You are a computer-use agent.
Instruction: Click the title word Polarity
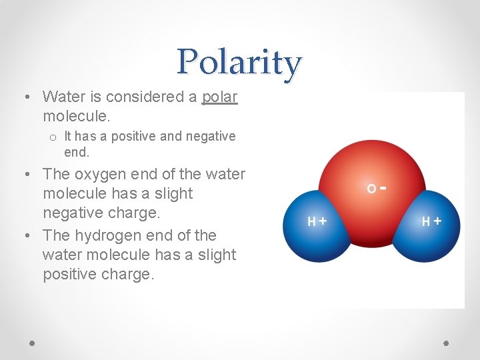tap(239, 63)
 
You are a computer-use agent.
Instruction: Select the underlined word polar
tap(219, 97)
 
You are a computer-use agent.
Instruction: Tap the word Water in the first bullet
tap(62, 97)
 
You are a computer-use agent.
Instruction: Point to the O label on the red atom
tap(371, 189)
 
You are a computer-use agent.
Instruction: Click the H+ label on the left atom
tap(317, 221)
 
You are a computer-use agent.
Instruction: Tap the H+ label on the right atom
tap(431, 221)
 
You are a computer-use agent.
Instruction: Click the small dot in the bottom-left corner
tap(32, 343)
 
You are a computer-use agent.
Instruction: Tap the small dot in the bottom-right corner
tap(446, 343)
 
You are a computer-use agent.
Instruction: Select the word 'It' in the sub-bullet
tap(69, 136)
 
